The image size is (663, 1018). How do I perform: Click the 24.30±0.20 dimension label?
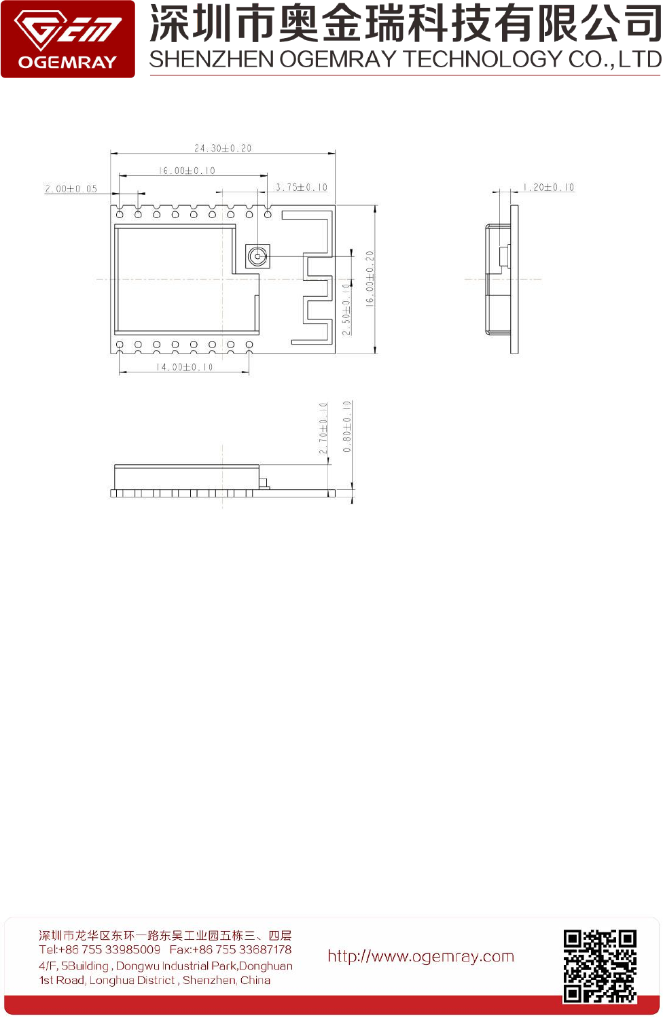click(x=223, y=148)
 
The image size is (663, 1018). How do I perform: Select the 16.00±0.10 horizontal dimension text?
click(x=187, y=171)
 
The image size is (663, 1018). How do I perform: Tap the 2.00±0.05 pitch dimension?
click(x=71, y=189)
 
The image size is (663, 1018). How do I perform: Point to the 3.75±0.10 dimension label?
click(x=302, y=188)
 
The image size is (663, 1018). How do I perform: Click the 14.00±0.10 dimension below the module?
click(x=185, y=367)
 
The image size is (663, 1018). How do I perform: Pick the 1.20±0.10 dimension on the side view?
click(x=548, y=188)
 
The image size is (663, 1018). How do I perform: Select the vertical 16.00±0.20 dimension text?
click(x=370, y=279)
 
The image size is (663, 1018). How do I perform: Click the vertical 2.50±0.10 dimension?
click(x=346, y=309)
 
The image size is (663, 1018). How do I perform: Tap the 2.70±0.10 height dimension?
click(x=323, y=428)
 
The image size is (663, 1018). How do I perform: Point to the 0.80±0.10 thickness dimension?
click(x=347, y=427)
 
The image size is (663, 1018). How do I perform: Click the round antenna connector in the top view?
click(x=257, y=256)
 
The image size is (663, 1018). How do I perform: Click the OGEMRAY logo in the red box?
click(x=68, y=39)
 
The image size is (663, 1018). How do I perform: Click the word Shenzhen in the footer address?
click(x=208, y=980)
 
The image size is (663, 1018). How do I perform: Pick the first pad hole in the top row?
click(x=120, y=214)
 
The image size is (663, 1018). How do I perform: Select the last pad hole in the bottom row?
click(x=249, y=345)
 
